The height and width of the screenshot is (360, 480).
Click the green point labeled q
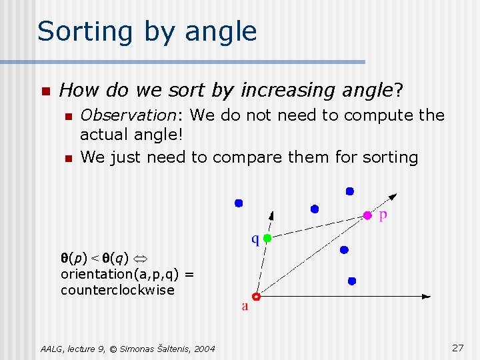[x=267, y=237]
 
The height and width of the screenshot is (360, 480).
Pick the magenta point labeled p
[x=367, y=215]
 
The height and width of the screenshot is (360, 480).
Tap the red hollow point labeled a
[x=256, y=297]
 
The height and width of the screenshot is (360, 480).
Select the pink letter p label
[x=383, y=216]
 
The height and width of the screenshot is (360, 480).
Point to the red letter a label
[x=245, y=307]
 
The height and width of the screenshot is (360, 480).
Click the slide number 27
[x=457, y=348]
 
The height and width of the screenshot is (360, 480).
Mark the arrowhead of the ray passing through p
[x=393, y=196]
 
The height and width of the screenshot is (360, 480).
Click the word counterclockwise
[x=117, y=290]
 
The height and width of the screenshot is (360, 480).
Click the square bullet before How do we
[x=45, y=91]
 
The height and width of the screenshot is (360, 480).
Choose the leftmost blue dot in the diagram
[x=239, y=203]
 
